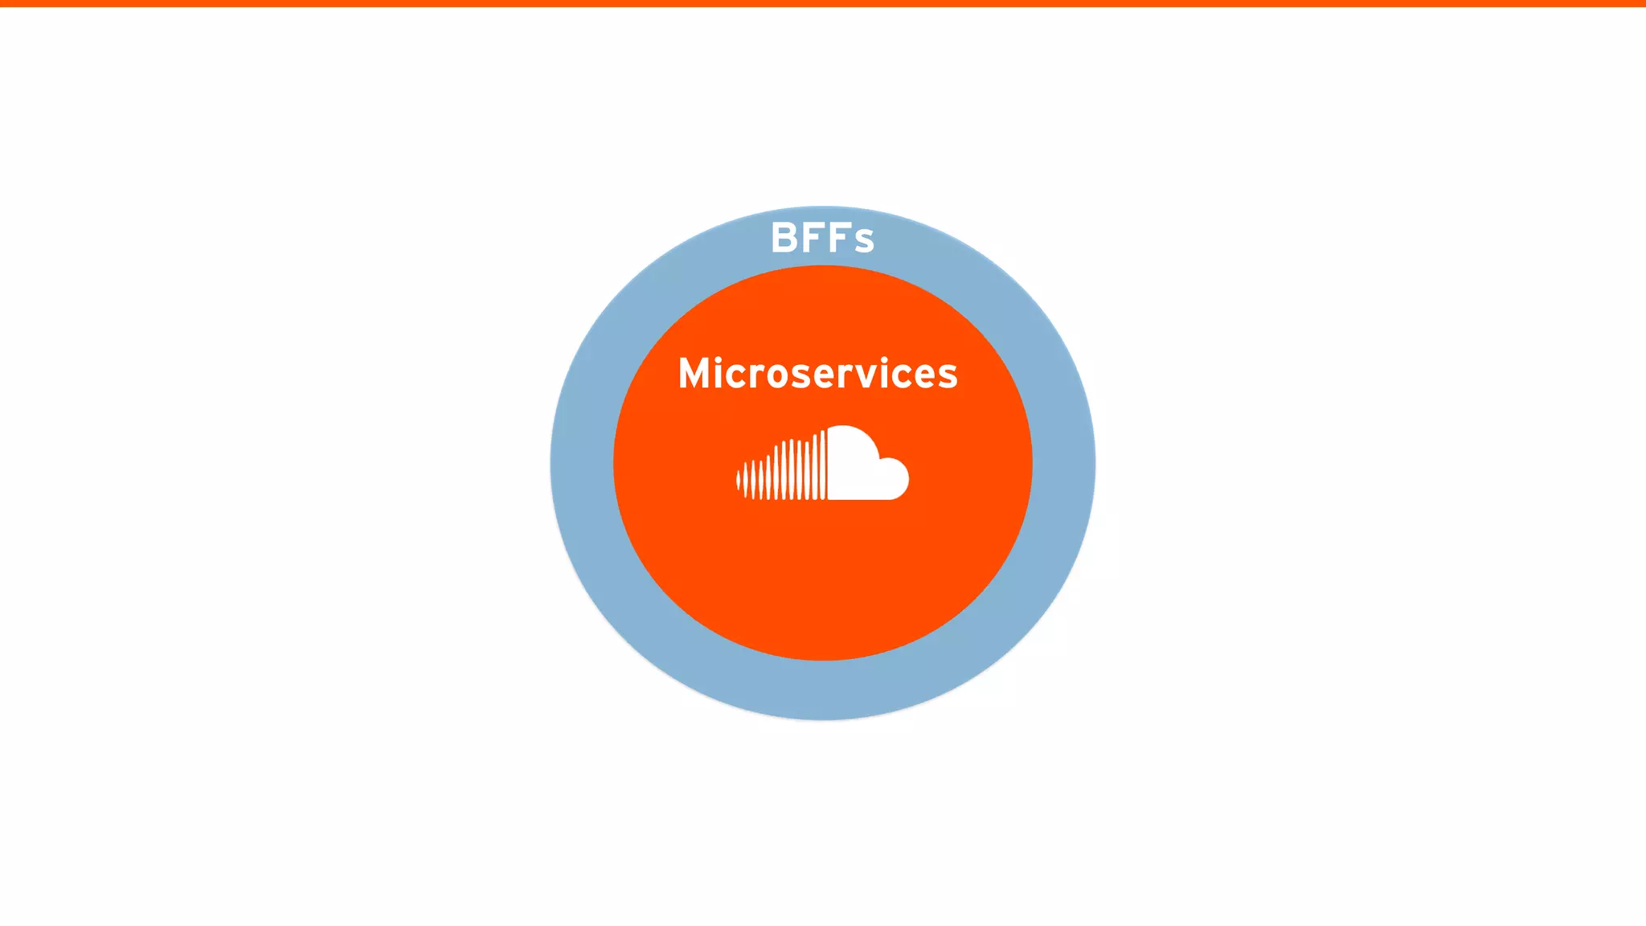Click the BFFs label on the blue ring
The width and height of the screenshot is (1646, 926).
point(822,238)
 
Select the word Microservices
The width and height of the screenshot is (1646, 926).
point(818,374)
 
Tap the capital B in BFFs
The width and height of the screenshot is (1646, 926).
point(784,238)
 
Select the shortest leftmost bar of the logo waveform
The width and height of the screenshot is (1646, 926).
point(738,481)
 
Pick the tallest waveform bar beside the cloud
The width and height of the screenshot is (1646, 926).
point(823,465)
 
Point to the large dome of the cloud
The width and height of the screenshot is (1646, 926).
point(850,454)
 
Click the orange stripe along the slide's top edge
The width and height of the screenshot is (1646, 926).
point(823,3)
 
